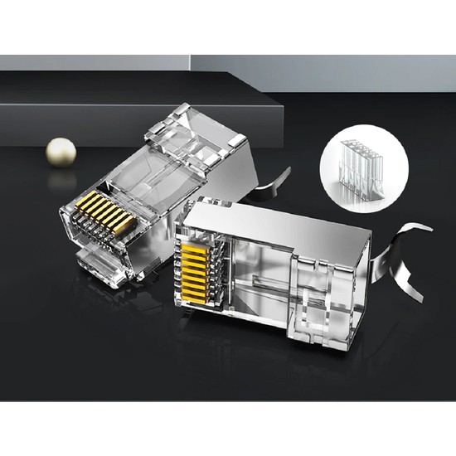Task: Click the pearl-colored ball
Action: [x=60, y=150]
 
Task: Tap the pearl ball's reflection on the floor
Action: [x=60, y=178]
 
